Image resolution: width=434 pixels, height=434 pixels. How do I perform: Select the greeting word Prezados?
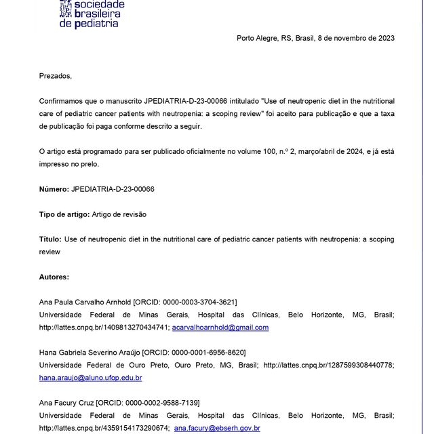click(x=55, y=75)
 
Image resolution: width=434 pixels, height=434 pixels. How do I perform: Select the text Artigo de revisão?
click(x=119, y=214)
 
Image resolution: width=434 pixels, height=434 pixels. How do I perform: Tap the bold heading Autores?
click(x=54, y=277)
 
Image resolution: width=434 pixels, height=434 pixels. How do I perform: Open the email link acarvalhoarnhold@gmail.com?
click(x=220, y=328)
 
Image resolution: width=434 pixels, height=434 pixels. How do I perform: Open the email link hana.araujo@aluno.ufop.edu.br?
click(x=90, y=378)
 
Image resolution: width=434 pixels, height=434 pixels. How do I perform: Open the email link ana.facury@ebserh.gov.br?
click(x=217, y=429)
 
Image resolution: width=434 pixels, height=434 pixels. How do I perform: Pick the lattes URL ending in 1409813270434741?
click(x=103, y=328)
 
